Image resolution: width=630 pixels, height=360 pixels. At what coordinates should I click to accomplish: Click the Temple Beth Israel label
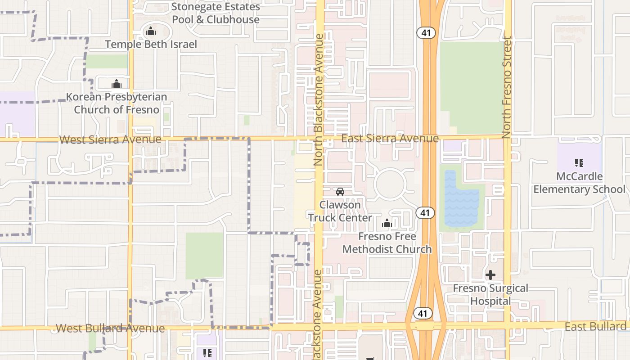(151, 44)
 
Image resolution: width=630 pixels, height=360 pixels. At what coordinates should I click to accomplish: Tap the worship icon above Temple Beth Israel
(151, 31)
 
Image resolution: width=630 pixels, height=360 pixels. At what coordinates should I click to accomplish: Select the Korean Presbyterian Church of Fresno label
(117, 103)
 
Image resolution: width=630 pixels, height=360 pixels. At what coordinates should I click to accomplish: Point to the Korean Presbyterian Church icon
(117, 84)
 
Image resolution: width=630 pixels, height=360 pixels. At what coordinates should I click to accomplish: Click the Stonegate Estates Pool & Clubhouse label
(216, 13)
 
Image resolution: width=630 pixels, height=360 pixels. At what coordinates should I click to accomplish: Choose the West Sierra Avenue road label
(110, 139)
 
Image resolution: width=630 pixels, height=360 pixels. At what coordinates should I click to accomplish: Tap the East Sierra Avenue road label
(390, 138)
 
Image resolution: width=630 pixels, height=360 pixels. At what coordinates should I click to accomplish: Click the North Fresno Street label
(507, 87)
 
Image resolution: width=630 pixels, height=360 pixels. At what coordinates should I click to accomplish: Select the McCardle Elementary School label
(579, 183)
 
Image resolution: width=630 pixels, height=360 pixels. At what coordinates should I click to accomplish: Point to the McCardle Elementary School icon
(579, 163)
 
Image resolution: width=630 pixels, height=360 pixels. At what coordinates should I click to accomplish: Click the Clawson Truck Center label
(340, 211)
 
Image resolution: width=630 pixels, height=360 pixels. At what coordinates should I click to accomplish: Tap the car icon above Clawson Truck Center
(340, 192)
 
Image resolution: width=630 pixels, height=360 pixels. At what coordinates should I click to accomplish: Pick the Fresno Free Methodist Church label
(387, 243)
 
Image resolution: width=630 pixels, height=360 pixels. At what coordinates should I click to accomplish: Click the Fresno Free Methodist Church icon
(387, 223)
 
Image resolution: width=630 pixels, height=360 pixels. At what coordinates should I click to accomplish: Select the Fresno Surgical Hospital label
(490, 294)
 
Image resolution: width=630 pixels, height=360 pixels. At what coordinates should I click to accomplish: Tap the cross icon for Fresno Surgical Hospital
(490, 274)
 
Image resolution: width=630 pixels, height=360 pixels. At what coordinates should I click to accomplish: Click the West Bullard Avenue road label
(110, 328)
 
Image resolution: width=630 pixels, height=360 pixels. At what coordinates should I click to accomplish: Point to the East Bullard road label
(595, 326)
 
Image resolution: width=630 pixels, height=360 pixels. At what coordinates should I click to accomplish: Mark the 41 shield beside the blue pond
(425, 212)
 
